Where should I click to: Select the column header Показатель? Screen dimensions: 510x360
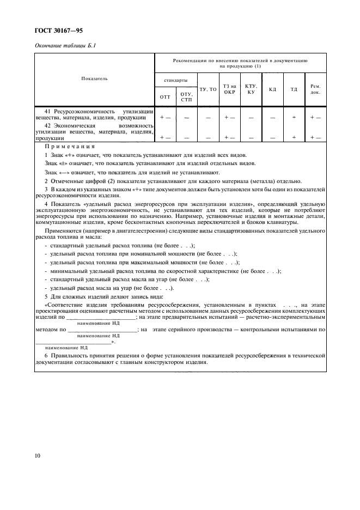tap(94, 78)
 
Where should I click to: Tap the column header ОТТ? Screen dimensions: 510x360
tap(165, 96)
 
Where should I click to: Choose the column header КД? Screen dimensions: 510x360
tap(273, 89)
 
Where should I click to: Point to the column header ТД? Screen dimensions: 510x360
tap(294, 89)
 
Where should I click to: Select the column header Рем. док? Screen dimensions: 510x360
tap(315, 89)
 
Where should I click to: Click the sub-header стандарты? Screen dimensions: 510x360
tap(176, 80)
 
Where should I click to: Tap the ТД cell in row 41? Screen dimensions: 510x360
tap(294, 117)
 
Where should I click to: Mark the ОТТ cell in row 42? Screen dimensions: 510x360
tap(165, 138)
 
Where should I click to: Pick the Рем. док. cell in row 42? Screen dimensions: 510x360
tap(315, 138)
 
